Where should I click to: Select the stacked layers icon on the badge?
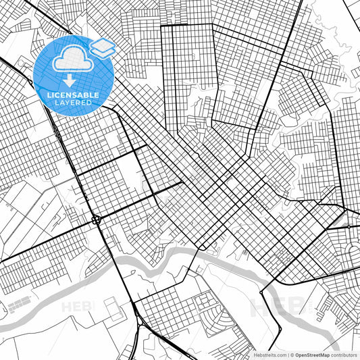point(103,47)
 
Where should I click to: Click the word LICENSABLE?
point(72,95)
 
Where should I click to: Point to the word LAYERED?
point(72,104)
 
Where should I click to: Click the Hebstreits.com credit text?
point(269,355)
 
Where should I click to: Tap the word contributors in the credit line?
point(344,355)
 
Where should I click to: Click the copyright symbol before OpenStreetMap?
point(291,355)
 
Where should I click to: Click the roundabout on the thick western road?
point(96,220)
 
